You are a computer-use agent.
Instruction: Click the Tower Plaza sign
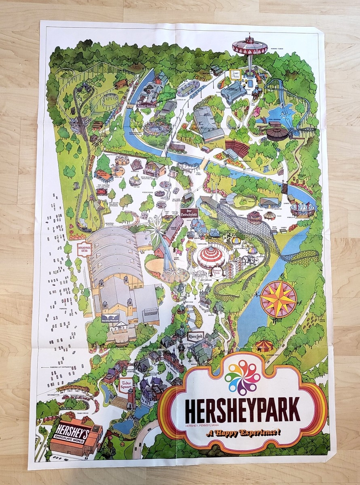point(235,74)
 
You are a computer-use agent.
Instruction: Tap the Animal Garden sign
point(146,106)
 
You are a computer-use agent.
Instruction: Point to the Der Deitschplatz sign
point(189,213)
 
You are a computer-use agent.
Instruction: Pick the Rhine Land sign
point(195,336)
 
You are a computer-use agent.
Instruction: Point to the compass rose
point(278,298)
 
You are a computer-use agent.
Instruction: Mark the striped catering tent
point(264,346)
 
